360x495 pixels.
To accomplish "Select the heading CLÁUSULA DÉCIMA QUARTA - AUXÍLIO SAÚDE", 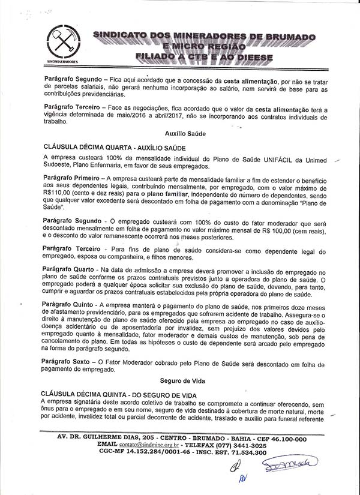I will pyautogui.click(x=115, y=147).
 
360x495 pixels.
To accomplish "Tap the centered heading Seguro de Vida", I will pyautogui.click(x=179, y=380).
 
